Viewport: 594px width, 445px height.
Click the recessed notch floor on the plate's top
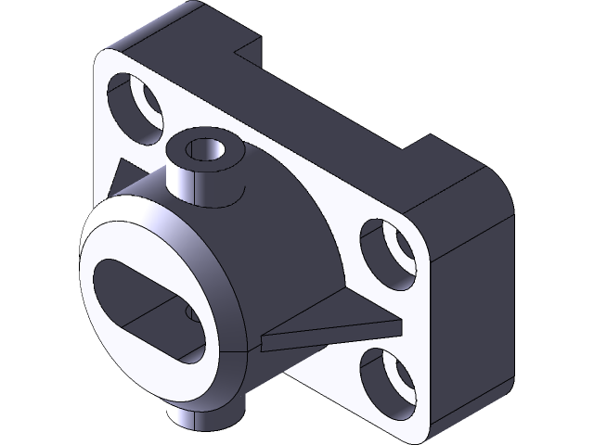325,102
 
